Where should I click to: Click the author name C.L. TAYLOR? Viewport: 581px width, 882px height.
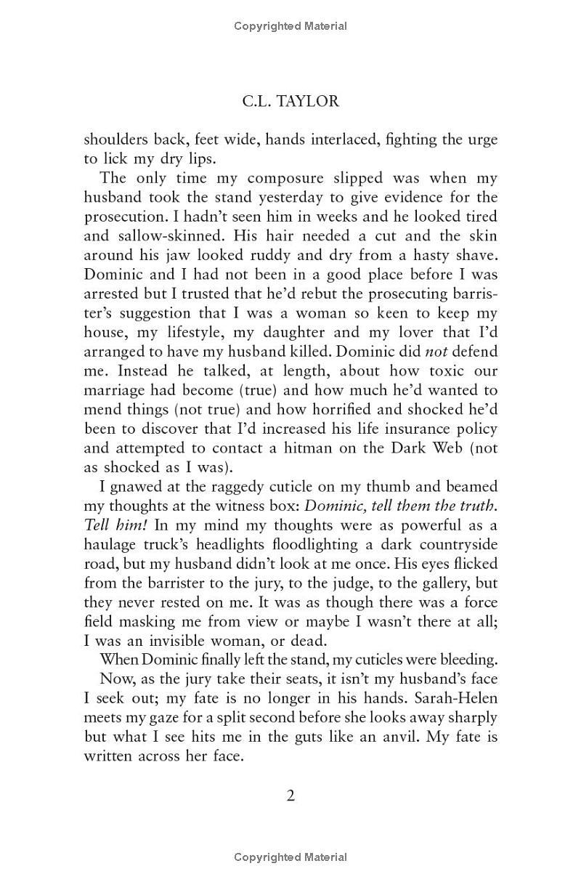pos(290,101)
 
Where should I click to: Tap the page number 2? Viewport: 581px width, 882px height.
pos(290,796)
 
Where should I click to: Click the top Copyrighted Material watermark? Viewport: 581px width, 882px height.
pos(290,26)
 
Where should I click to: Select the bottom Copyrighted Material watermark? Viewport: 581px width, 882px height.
pos(290,857)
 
